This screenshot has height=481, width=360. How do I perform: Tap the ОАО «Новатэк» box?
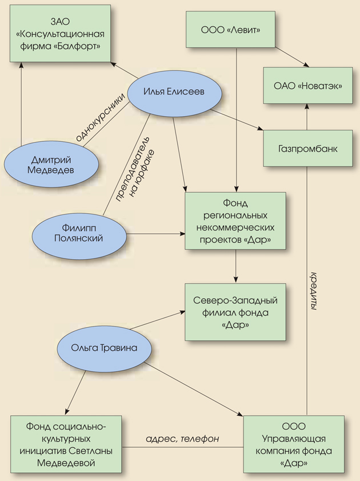click(307, 86)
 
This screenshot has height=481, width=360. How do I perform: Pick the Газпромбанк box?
click(307, 148)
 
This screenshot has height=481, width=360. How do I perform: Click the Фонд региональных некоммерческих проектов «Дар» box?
click(235, 220)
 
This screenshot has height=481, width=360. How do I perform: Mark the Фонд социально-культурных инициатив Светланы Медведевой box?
click(68, 444)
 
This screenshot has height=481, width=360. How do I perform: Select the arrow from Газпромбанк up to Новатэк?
click(307, 117)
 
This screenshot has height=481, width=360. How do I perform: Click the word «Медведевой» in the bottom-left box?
click(68, 463)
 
